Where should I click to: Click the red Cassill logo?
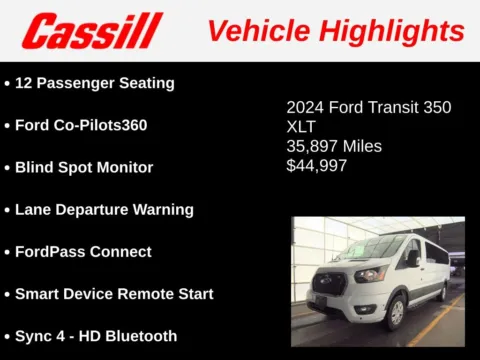tap(91, 31)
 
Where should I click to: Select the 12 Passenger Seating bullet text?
tap(95, 83)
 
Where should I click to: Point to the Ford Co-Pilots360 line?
tap(86, 125)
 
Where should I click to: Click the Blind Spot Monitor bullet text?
tap(84, 167)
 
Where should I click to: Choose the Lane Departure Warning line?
tap(104, 209)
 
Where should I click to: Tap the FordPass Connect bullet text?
tap(83, 251)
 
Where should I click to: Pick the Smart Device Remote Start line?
tap(114, 294)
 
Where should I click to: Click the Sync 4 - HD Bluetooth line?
tap(96, 336)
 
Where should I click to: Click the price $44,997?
tap(317, 166)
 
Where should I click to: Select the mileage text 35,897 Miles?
tap(334, 146)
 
